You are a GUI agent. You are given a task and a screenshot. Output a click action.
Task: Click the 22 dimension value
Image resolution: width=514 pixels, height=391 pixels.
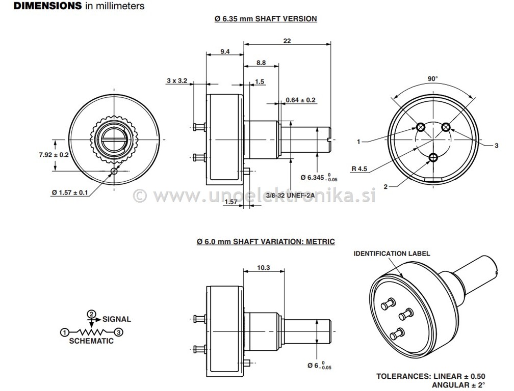tap(287, 41)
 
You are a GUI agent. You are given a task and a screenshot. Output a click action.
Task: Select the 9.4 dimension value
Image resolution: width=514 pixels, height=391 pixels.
tap(225, 51)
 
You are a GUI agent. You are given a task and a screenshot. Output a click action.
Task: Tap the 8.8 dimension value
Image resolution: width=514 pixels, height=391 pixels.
tap(261, 63)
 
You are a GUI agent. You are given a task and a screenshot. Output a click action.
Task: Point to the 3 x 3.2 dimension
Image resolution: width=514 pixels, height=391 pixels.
tap(176, 80)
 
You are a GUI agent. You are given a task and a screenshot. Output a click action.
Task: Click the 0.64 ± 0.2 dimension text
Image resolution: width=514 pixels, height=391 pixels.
tap(301, 100)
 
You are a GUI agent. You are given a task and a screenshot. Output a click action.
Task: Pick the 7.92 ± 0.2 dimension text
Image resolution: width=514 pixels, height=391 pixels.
tap(54, 155)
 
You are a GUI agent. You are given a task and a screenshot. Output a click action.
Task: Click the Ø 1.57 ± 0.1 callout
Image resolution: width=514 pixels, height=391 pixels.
tap(69, 192)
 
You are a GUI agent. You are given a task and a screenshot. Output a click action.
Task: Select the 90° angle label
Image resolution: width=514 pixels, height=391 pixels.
tap(433, 78)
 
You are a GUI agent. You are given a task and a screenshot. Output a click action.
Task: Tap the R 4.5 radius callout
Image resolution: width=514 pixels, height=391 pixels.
tap(359, 169)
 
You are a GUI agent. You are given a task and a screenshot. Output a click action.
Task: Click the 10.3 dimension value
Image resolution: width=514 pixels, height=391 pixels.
tap(263, 268)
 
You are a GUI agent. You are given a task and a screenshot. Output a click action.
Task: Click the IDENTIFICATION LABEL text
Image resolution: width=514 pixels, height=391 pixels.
tap(392, 253)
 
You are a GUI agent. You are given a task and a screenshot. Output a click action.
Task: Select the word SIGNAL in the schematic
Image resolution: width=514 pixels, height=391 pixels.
tap(117, 319)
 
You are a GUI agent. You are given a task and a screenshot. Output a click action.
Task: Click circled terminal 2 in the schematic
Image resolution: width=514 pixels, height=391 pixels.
tap(91, 314)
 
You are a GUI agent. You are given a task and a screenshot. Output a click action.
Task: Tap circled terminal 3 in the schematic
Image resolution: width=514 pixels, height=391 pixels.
tap(119, 332)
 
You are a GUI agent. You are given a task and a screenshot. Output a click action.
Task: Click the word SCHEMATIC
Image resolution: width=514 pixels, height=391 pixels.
tap(91, 341)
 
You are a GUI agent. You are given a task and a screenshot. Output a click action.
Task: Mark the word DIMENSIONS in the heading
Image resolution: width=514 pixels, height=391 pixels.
tap(47, 6)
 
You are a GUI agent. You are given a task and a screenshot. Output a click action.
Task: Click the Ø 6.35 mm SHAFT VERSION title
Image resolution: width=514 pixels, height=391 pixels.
tap(266, 19)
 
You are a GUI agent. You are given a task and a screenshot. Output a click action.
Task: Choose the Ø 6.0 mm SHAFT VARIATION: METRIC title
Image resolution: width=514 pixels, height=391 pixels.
tap(266, 242)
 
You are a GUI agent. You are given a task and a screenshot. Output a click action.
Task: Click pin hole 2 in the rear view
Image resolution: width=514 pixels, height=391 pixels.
tap(433, 157)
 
